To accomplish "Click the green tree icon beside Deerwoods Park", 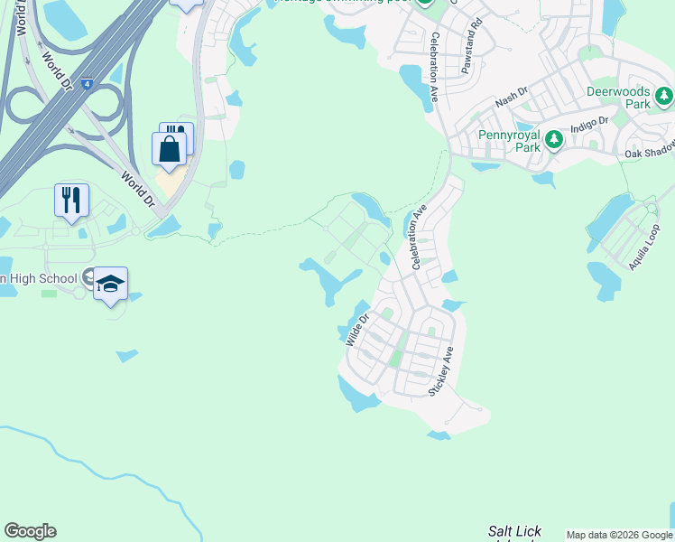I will [x=665, y=95].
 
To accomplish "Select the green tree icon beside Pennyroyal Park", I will [x=553, y=140].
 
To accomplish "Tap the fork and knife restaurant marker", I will [x=72, y=200].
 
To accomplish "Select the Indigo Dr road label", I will [x=591, y=120].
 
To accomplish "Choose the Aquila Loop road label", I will [x=645, y=246].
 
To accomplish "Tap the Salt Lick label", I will [x=514, y=531].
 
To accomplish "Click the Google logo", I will [x=30, y=531].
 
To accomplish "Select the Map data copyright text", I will [x=618, y=535].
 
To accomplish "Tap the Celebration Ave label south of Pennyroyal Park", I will [x=418, y=239].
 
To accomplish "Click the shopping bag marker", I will [x=170, y=149].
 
